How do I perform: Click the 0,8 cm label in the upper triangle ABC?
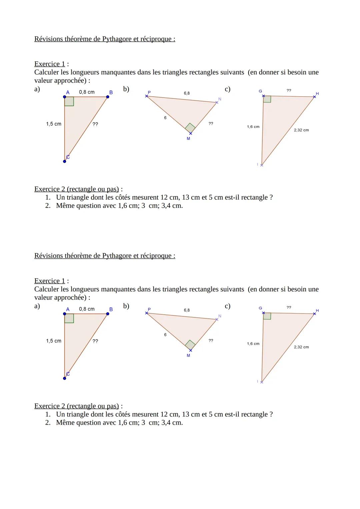pyautogui.click(x=87, y=92)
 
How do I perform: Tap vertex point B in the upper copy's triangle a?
pyautogui.click(x=107, y=97)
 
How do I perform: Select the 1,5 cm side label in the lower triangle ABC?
pyautogui.click(x=54, y=341)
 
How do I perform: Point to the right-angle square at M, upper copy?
pyautogui.click(x=190, y=128)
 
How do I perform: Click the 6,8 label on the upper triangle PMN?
pyautogui.click(x=187, y=93)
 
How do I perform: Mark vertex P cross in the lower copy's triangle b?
pyautogui.click(x=146, y=313)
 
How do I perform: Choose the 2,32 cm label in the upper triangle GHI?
pyautogui.click(x=301, y=130)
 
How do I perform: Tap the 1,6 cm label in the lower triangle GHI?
pyautogui.click(x=253, y=344)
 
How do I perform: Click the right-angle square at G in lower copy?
pyautogui.click(x=267, y=316)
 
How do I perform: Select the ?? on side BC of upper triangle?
pyautogui.click(x=95, y=124)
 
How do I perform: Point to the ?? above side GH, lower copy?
pyautogui.click(x=289, y=307)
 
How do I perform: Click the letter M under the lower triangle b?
pyautogui.click(x=188, y=356)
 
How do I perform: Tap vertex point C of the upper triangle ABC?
pyautogui.click(x=64, y=161)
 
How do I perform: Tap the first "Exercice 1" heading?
pyautogui.click(x=50, y=64)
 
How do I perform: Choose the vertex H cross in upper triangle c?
pyautogui.click(x=314, y=97)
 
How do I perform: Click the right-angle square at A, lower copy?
pyautogui.click(x=69, y=318)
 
